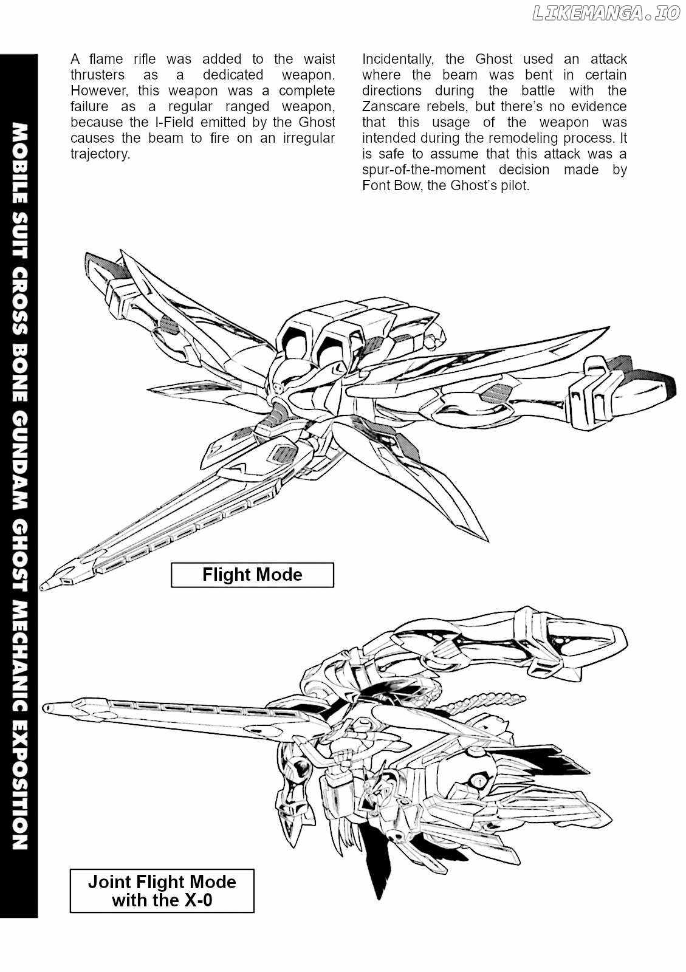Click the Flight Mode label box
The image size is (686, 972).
click(252, 575)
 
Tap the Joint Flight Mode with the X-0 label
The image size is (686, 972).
click(162, 891)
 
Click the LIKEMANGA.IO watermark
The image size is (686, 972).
click(605, 14)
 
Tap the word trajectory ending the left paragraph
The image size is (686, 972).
click(100, 154)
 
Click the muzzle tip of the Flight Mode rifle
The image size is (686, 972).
click(45, 586)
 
